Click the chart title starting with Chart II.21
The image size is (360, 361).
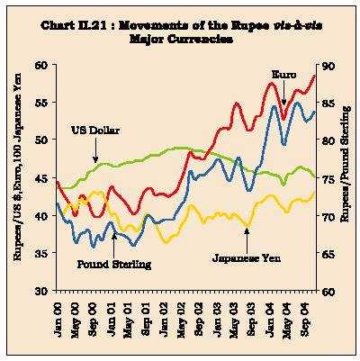(181, 32)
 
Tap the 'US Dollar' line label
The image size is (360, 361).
(95, 131)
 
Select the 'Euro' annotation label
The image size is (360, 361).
(283, 75)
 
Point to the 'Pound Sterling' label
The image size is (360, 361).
(114, 265)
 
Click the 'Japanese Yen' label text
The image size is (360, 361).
(247, 257)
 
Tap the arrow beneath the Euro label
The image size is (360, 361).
(283, 94)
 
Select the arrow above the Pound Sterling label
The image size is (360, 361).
(114, 245)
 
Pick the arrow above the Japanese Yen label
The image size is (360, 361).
(247, 240)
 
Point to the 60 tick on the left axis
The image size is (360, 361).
(43, 65)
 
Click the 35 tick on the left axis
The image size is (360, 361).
(43, 253)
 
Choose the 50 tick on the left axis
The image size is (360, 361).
(43, 140)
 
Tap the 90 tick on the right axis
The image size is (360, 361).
(328, 66)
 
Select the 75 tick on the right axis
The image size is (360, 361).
(328, 179)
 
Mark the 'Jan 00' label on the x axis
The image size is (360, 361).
(57, 319)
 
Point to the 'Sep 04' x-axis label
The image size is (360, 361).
(305, 319)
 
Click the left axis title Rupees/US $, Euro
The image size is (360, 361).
(18, 166)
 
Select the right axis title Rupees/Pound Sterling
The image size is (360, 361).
(345, 164)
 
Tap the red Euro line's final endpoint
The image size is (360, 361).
(314, 76)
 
